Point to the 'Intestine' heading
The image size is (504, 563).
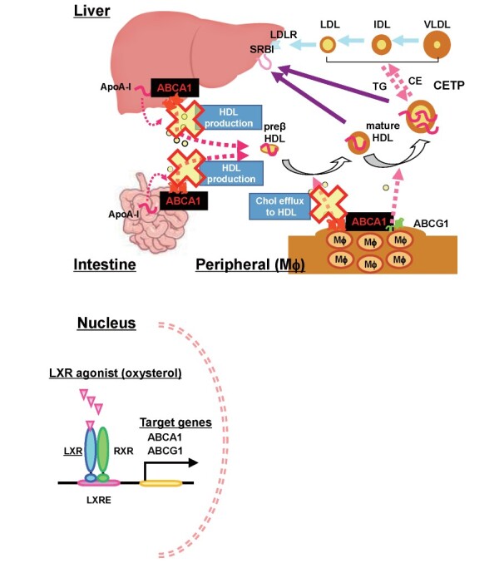[x=104, y=264]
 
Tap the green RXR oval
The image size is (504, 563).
[x=103, y=450]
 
